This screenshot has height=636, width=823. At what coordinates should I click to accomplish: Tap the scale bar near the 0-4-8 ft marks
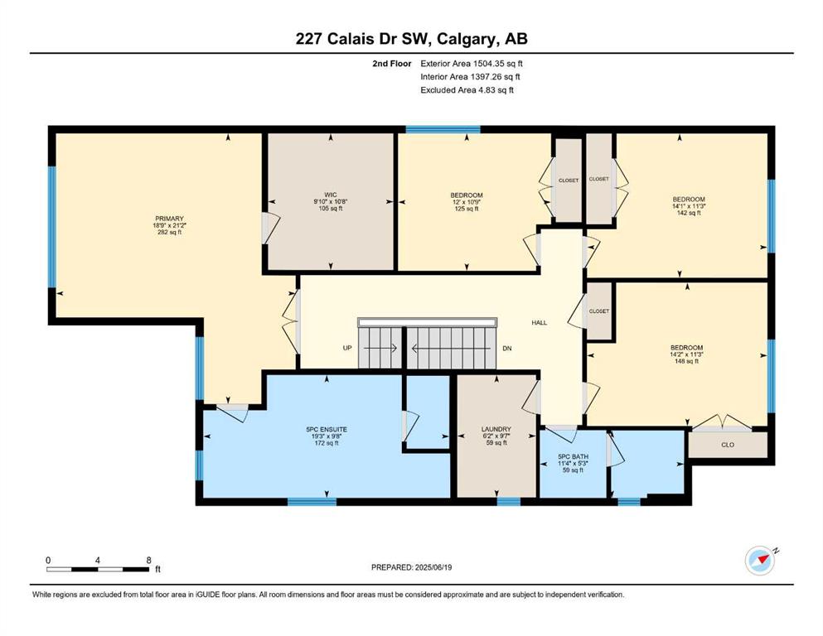tap(98, 569)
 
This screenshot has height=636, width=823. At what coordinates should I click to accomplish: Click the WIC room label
tap(331, 195)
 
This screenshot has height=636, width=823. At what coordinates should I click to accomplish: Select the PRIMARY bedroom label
tap(169, 219)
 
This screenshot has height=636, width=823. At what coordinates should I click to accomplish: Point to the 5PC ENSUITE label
tap(327, 430)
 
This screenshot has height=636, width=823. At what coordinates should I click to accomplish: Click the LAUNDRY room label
tap(496, 429)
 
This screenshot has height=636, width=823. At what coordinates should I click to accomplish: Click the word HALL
tap(539, 322)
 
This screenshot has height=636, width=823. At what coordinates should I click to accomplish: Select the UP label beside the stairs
tap(347, 348)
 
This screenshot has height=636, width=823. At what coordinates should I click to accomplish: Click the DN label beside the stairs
tap(507, 348)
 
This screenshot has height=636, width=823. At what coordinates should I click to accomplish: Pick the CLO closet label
tap(728, 445)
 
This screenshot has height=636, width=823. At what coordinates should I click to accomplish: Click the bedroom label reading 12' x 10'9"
tap(466, 202)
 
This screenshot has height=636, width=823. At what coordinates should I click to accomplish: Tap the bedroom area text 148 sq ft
tap(686, 361)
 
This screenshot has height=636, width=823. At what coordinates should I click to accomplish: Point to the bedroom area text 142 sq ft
tap(689, 213)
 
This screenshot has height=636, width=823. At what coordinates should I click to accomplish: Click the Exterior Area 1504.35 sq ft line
tap(472, 64)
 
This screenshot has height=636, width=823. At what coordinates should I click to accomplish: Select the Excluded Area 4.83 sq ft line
tap(467, 89)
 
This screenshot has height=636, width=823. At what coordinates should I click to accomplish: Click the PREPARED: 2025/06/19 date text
tap(411, 567)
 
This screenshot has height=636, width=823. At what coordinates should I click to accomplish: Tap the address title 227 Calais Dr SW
tap(363, 39)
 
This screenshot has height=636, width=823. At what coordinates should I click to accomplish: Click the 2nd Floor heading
tap(392, 64)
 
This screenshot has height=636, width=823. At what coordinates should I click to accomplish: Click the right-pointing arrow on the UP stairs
tap(380, 348)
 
